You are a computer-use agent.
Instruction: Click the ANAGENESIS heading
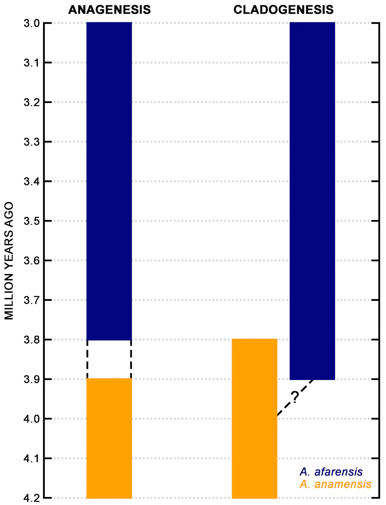[x=109, y=10]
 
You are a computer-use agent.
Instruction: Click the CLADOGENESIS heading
[x=283, y=10]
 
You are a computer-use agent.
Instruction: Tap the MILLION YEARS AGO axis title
[x=9, y=261]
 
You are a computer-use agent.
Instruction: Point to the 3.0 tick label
[x=32, y=23]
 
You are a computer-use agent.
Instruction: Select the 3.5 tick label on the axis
[x=32, y=221]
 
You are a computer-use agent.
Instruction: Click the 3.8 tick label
[x=32, y=340]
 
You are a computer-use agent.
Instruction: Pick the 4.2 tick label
[x=32, y=498]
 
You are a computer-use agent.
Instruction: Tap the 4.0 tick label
[x=32, y=419]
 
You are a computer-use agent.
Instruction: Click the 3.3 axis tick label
[x=32, y=142]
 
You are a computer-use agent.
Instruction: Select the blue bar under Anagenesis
[x=109, y=181]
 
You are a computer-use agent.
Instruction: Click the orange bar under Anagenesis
[x=109, y=439]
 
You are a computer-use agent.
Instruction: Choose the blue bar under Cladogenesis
[x=312, y=201]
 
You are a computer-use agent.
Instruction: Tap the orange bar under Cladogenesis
[x=254, y=419]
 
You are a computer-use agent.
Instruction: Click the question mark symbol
[x=295, y=396]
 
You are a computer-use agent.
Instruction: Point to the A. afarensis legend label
[x=331, y=472]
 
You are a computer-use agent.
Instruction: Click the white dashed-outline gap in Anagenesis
[x=109, y=359]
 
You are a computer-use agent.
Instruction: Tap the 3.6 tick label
[x=32, y=261]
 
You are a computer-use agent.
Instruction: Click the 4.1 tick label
[x=32, y=458]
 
